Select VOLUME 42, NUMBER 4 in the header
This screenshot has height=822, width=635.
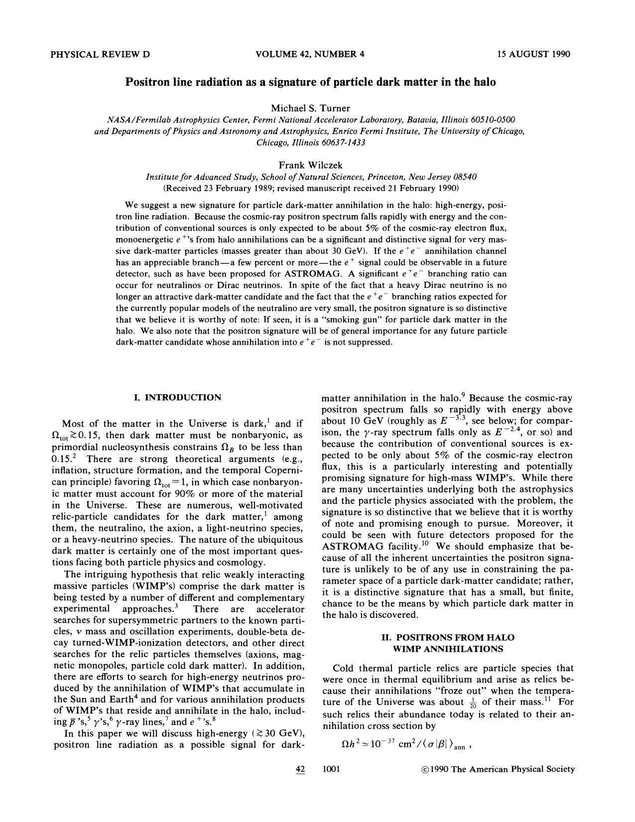[310, 54]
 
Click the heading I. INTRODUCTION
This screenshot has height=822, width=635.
[177, 397]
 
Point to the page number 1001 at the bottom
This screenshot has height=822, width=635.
[331, 769]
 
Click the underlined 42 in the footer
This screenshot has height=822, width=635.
[300, 769]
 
